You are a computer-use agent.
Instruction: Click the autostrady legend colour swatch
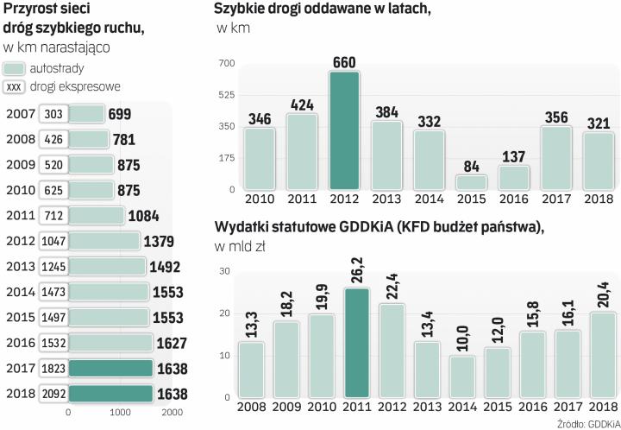pos(14,67)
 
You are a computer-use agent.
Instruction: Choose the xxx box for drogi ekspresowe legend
pos(14,86)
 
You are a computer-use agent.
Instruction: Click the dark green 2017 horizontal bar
pos(109,369)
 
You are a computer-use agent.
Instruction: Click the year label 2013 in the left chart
pos(19,266)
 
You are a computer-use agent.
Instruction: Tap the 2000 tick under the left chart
pos(172,413)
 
